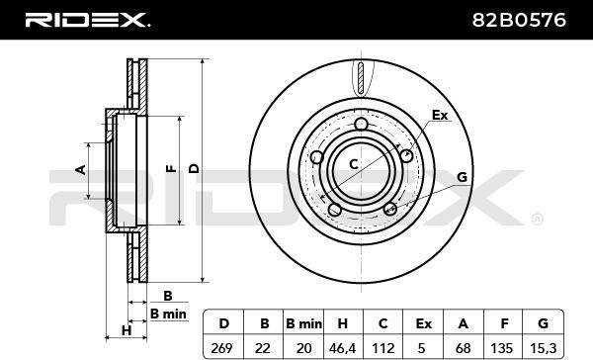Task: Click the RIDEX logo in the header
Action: [x=87, y=20]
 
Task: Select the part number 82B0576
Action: [x=519, y=20]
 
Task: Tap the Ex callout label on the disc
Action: [x=440, y=115]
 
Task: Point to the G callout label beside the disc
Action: [x=462, y=177]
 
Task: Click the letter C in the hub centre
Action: [x=353, y=164]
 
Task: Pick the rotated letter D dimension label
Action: [x=194, y=168]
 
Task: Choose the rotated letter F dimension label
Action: [x=171, y=168]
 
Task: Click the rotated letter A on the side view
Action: [x=81, y=169]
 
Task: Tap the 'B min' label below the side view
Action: [x=168, y=314]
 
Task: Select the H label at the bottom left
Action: [x=127, y=330]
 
